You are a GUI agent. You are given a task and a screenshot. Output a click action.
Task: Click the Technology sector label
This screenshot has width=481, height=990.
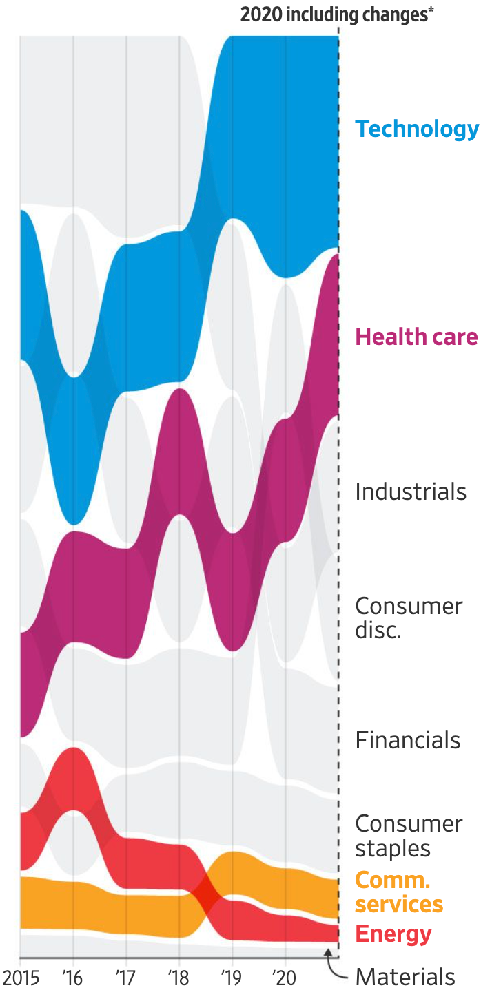(x=416, y=129)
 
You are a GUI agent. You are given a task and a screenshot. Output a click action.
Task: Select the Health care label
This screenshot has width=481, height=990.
(x=416, y=337)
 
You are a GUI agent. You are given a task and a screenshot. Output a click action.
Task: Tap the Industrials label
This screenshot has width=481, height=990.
(x=411, y=492)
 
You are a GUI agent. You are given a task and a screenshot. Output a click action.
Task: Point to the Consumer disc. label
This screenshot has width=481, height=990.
(x=409, y=618)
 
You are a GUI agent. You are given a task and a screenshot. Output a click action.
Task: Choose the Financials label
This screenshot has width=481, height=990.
(x=408, y=740)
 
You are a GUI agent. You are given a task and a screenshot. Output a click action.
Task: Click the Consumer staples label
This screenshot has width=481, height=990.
(x=409, y=836)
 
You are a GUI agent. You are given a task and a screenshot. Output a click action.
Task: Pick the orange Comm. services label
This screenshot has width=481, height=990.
(x=398, y=892)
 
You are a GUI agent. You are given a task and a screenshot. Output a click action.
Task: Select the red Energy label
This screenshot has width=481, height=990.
(x=393, y=934)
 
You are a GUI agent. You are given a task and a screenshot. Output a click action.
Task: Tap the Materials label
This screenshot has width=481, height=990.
(x=405, y=976)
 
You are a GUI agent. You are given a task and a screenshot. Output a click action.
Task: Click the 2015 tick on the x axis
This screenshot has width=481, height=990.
(x=21, y=978)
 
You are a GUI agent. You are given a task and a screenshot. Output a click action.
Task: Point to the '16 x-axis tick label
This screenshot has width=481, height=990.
(x=72, y=978)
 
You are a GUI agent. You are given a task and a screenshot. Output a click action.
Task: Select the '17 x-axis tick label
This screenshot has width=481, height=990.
(x=125, y=978)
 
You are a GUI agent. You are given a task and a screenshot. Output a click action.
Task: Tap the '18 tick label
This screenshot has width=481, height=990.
(x=178, y=978)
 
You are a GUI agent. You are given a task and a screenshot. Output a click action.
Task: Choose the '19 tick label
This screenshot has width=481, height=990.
(x=232, y=978)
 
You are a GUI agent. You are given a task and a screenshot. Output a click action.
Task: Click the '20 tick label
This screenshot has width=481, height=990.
(x=285, y=978)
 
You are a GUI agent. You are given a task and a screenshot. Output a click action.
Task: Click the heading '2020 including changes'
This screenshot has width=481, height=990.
(x=334, y=15)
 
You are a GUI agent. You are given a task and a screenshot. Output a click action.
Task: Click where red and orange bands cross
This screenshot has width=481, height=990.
(x=206, y=896)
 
